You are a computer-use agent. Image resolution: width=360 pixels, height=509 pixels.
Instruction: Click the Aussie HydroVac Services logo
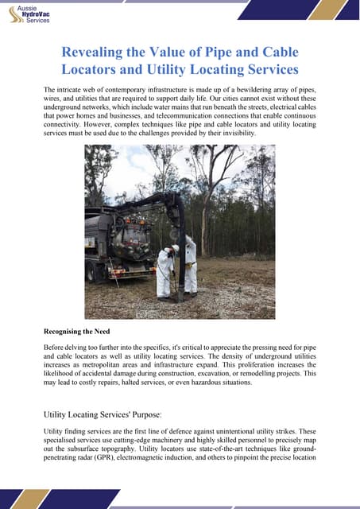30,14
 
